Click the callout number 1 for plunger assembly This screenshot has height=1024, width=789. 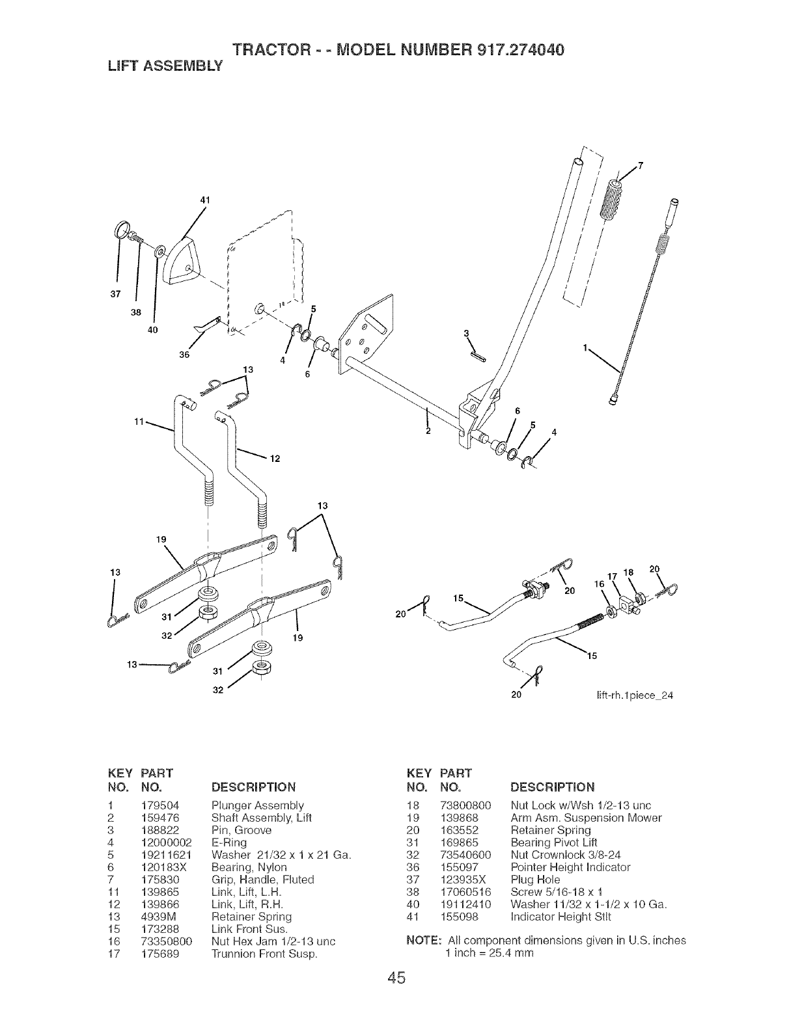[587, 348]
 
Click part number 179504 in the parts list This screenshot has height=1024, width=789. [156, 805]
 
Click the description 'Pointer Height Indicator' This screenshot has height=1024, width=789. [570, 867]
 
